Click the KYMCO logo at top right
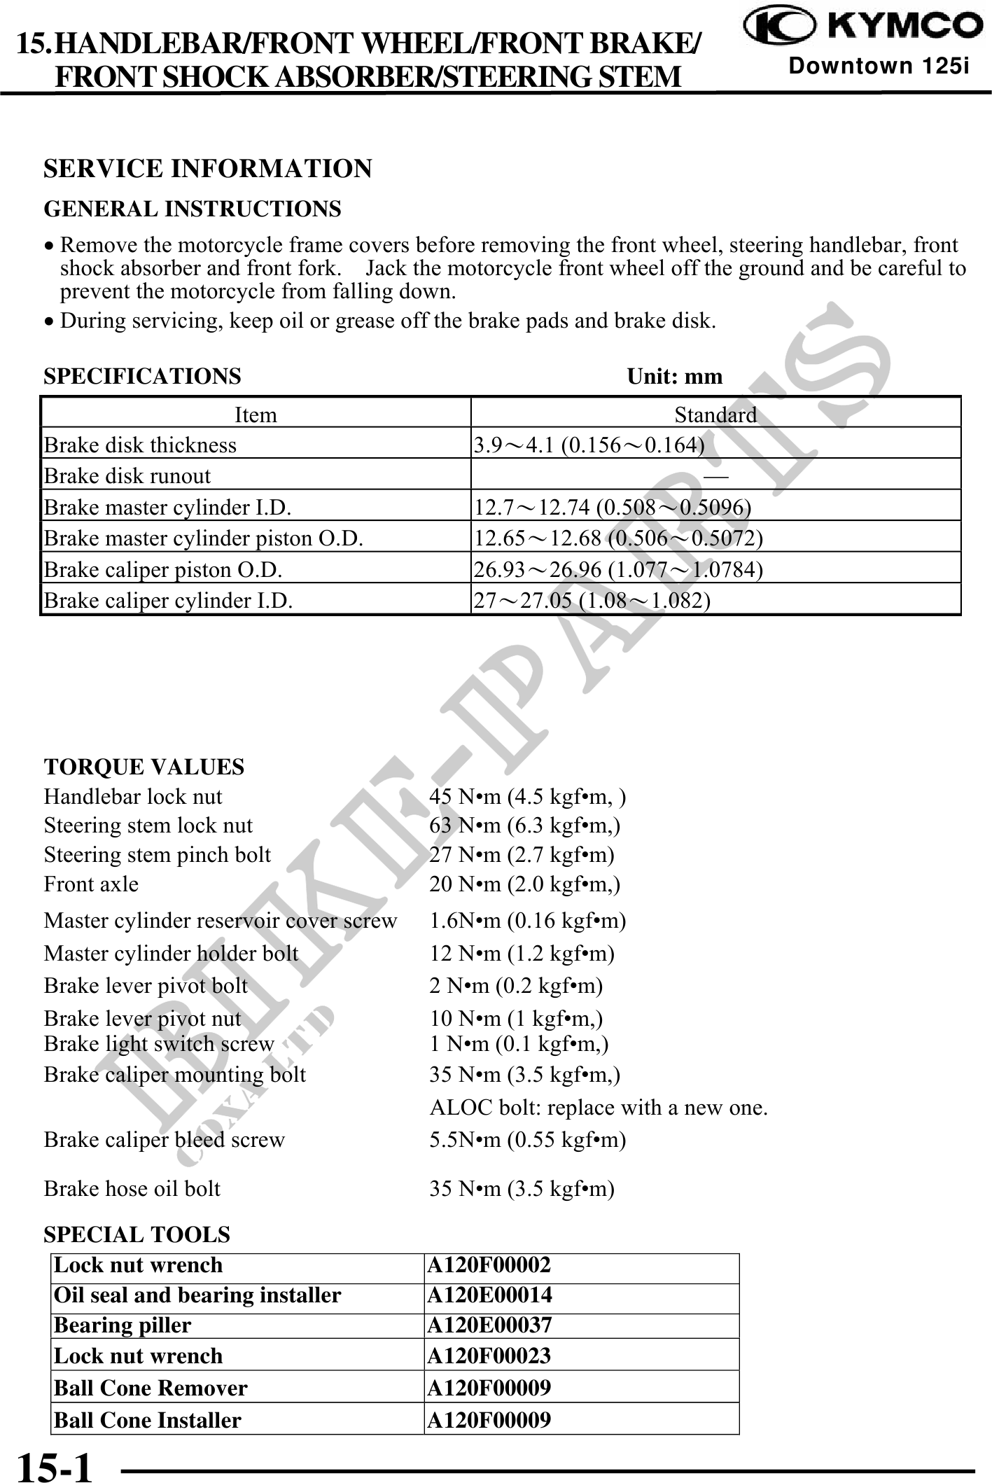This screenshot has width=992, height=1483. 862,27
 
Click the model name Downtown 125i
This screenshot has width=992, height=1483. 879,67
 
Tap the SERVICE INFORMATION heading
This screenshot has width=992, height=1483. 208,169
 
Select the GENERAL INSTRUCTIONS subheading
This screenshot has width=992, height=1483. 193,209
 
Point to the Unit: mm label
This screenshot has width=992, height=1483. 674,377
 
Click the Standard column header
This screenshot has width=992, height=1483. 715,415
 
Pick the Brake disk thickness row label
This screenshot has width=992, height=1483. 141,445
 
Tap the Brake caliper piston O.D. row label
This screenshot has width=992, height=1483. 163,570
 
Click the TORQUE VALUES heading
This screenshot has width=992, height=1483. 144,767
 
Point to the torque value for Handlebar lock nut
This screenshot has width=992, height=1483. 527,797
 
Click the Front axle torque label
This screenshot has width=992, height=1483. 91,884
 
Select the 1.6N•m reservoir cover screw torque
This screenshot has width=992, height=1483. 527,921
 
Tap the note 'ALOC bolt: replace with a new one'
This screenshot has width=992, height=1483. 599,1108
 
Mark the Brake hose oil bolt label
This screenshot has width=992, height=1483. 132,1188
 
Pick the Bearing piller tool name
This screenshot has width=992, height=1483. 123,1325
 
